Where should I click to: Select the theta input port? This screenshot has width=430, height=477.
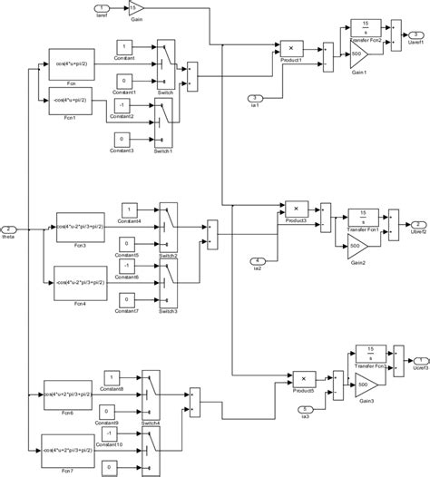(x=8, y=229)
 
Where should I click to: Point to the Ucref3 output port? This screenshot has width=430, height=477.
(x=415, y=360)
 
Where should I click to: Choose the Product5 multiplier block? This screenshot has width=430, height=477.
(x=303, y=377)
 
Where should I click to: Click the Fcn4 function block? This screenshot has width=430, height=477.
(x=79, y=280)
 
